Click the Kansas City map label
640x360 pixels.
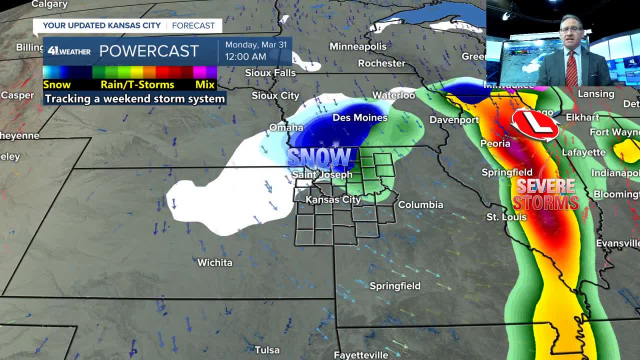point(333,199)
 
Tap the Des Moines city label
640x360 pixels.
point(360,117)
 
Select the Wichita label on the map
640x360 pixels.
point(214,262)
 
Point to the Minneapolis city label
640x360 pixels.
point(357,46)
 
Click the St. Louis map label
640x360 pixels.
point(506,217)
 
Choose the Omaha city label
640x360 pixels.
point(286,127)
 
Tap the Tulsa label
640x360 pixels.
point(267,350)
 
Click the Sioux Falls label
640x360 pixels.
point(270,73)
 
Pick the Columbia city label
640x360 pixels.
point(420,204)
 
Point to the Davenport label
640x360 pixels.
point(454,120)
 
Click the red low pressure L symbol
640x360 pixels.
point(534,124)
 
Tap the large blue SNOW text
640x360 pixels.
point(319,157)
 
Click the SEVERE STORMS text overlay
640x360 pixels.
point(545,194)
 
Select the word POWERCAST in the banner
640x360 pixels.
point(149,51)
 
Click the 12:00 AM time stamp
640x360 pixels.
point(245,56)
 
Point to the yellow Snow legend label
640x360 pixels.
point(56,84)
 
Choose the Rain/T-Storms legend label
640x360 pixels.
point(137,84)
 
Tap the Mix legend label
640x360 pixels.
point(205,84)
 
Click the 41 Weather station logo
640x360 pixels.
point(69,51)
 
